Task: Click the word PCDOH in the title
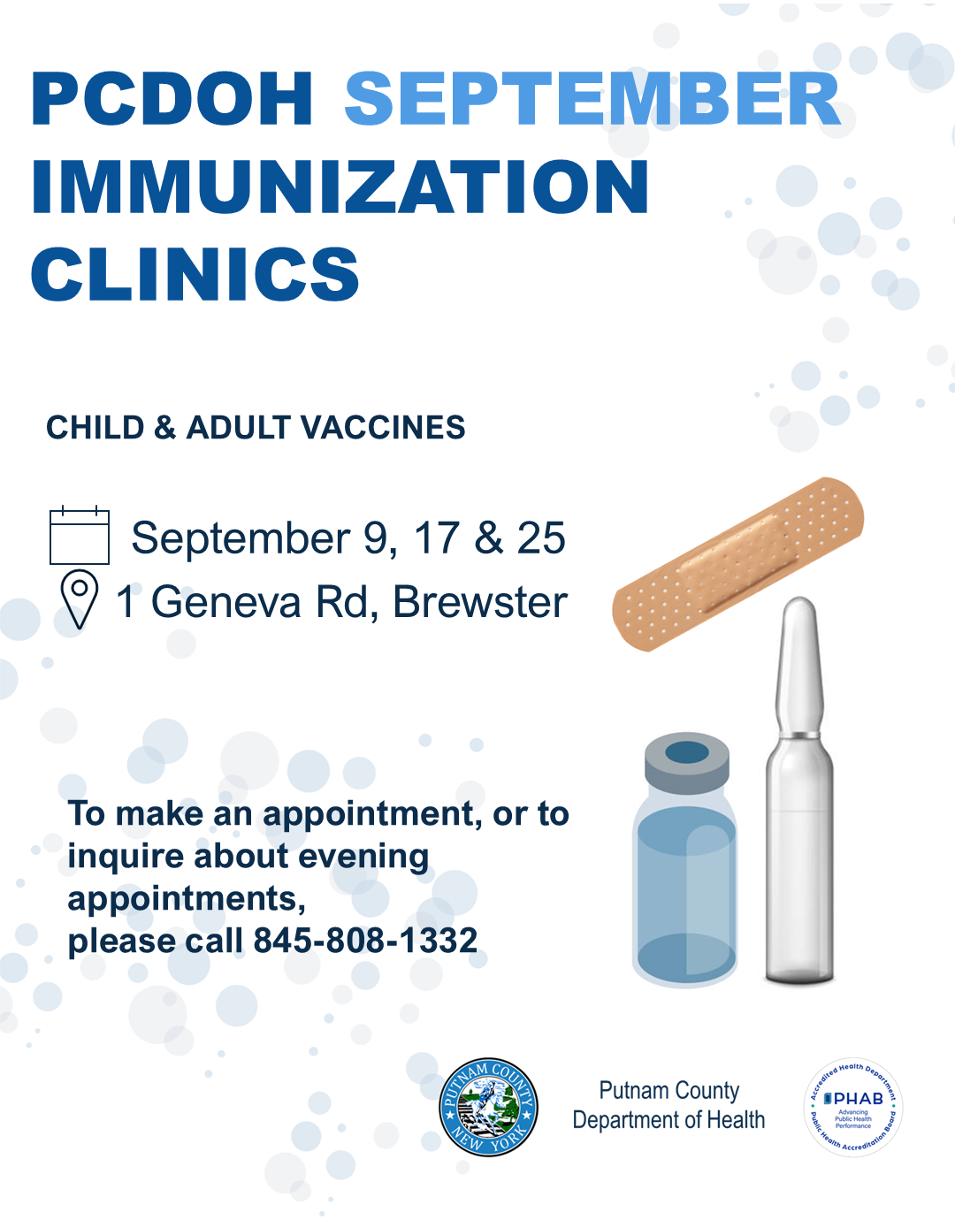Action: [x=172, y=98]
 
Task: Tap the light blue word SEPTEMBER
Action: [x=592, y=98]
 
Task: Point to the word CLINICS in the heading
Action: [x=195, y=275]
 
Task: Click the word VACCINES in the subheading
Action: [x=383, y=427]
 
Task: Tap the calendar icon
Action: [x=80, y=535]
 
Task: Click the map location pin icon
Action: [x=80, y=599]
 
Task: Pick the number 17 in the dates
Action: [x=436, y=538]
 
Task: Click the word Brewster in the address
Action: [x=480, y=602]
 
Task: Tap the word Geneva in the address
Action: [x=226, y=602]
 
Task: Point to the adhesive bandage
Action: [x=737, y=564]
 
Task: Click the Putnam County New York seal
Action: [x=488, y=1107]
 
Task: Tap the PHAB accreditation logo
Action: [x=853, y=1107]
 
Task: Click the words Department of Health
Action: [x=668, y=1119]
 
